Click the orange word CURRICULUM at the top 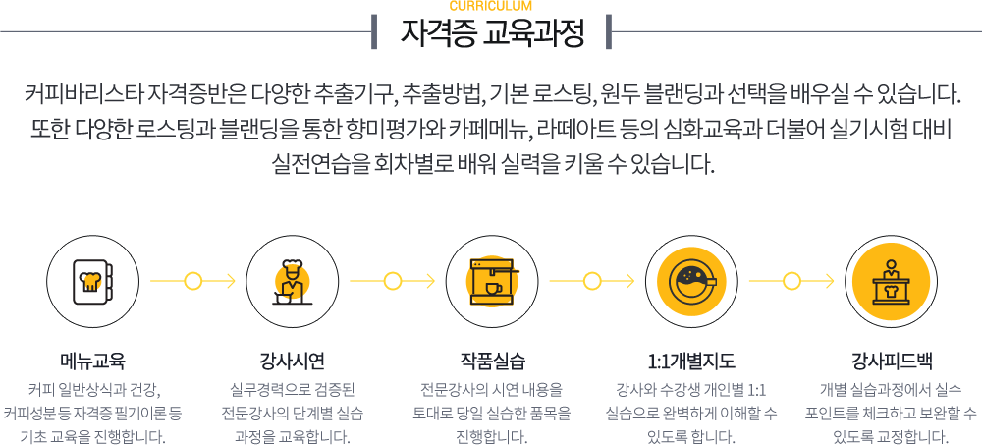tap(491, 6)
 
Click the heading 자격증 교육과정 tap(492, 34)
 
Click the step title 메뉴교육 tap(92, 360)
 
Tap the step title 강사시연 tap(292, 360)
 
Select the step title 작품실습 tap(492, 360)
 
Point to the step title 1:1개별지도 tap(691, 360)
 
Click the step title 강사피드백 tap(891, 360)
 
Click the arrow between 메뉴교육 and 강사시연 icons tap(192, 280)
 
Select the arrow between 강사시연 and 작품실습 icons tap(392, 280)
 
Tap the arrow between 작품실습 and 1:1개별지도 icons tap(591, 280)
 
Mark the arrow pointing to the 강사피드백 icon tap(791, 280)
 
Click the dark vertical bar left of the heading tap(375, 31)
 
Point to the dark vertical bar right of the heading tap(609, 31)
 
